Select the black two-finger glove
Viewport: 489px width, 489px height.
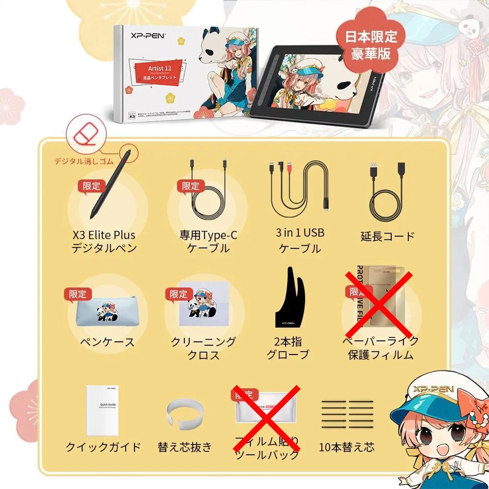(x=289, y=299)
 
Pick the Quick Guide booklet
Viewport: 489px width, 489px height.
(x=104, y=410)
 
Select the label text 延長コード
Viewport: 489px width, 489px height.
(x=388, y=236)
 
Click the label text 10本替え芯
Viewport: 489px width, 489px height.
(x=347, y=447)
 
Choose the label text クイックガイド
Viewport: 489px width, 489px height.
(x=103, y=447)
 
